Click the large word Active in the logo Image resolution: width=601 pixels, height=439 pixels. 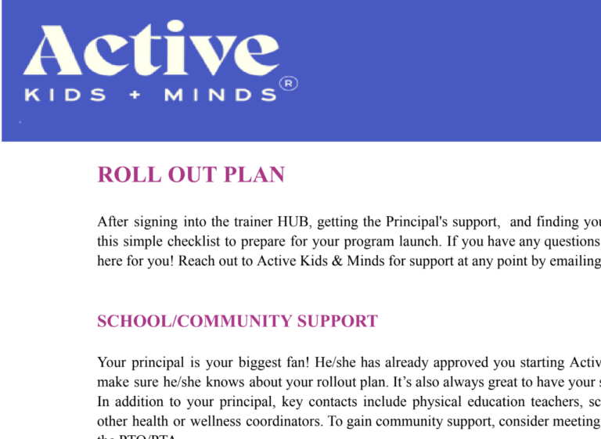(x=150, y=53)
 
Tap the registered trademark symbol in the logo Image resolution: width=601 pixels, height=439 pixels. (x=289, y=83)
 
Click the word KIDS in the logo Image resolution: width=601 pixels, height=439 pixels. (x=65, y=95)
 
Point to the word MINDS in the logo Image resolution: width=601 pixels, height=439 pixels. (x=220, y=95)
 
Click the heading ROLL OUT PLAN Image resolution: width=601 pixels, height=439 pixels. (x=191, y=175)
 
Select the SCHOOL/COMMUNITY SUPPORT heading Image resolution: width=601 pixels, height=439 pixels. (x=237, y=322)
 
